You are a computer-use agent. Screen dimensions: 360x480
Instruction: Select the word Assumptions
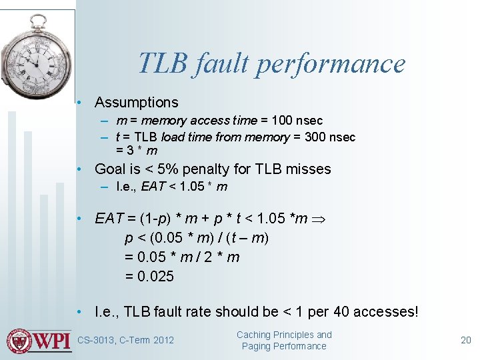click(137, 103)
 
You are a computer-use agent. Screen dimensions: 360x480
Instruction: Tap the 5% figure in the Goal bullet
click(189, 169)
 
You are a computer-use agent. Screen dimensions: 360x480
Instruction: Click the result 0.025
click(149, 276)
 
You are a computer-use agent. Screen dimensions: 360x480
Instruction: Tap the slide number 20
click(466, 340)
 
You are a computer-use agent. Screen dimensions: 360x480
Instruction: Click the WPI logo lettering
click(52, 341)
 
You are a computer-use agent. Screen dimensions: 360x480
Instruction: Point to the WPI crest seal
click(19, 341)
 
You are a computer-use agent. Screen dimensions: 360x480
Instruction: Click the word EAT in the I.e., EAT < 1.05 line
click(152, 187)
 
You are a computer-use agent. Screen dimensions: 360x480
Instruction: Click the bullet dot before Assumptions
click(79, 103)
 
